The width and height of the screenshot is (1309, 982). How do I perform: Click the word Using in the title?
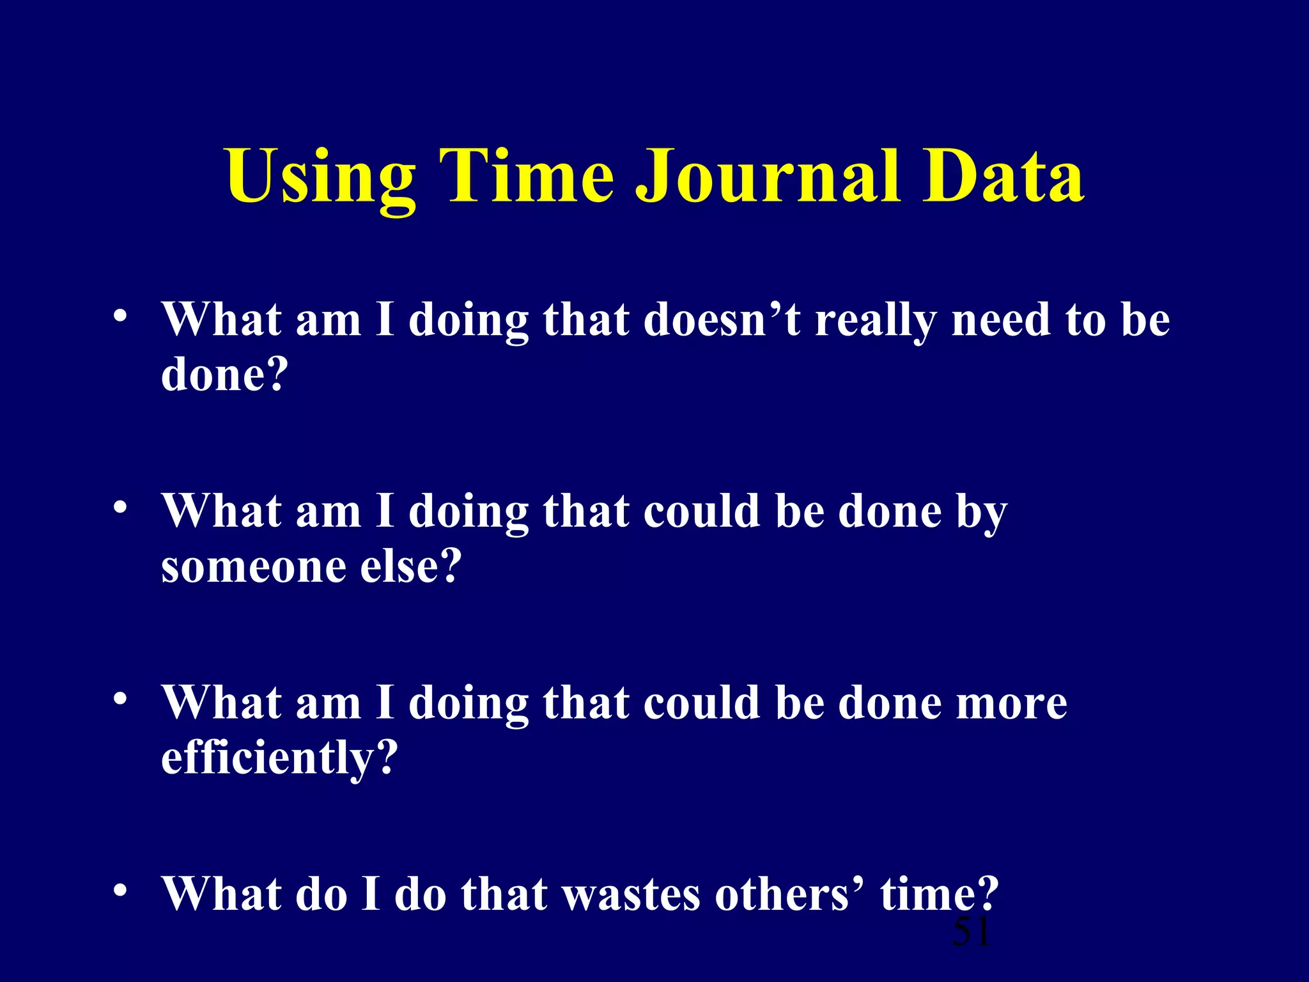320,177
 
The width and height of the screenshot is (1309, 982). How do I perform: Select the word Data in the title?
1003,177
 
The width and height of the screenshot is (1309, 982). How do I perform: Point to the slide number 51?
971,931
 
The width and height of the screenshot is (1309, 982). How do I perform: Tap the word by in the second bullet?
981,513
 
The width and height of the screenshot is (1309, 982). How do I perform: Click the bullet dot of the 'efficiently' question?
120,699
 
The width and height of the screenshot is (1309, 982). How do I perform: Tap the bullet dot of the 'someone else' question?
120,508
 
